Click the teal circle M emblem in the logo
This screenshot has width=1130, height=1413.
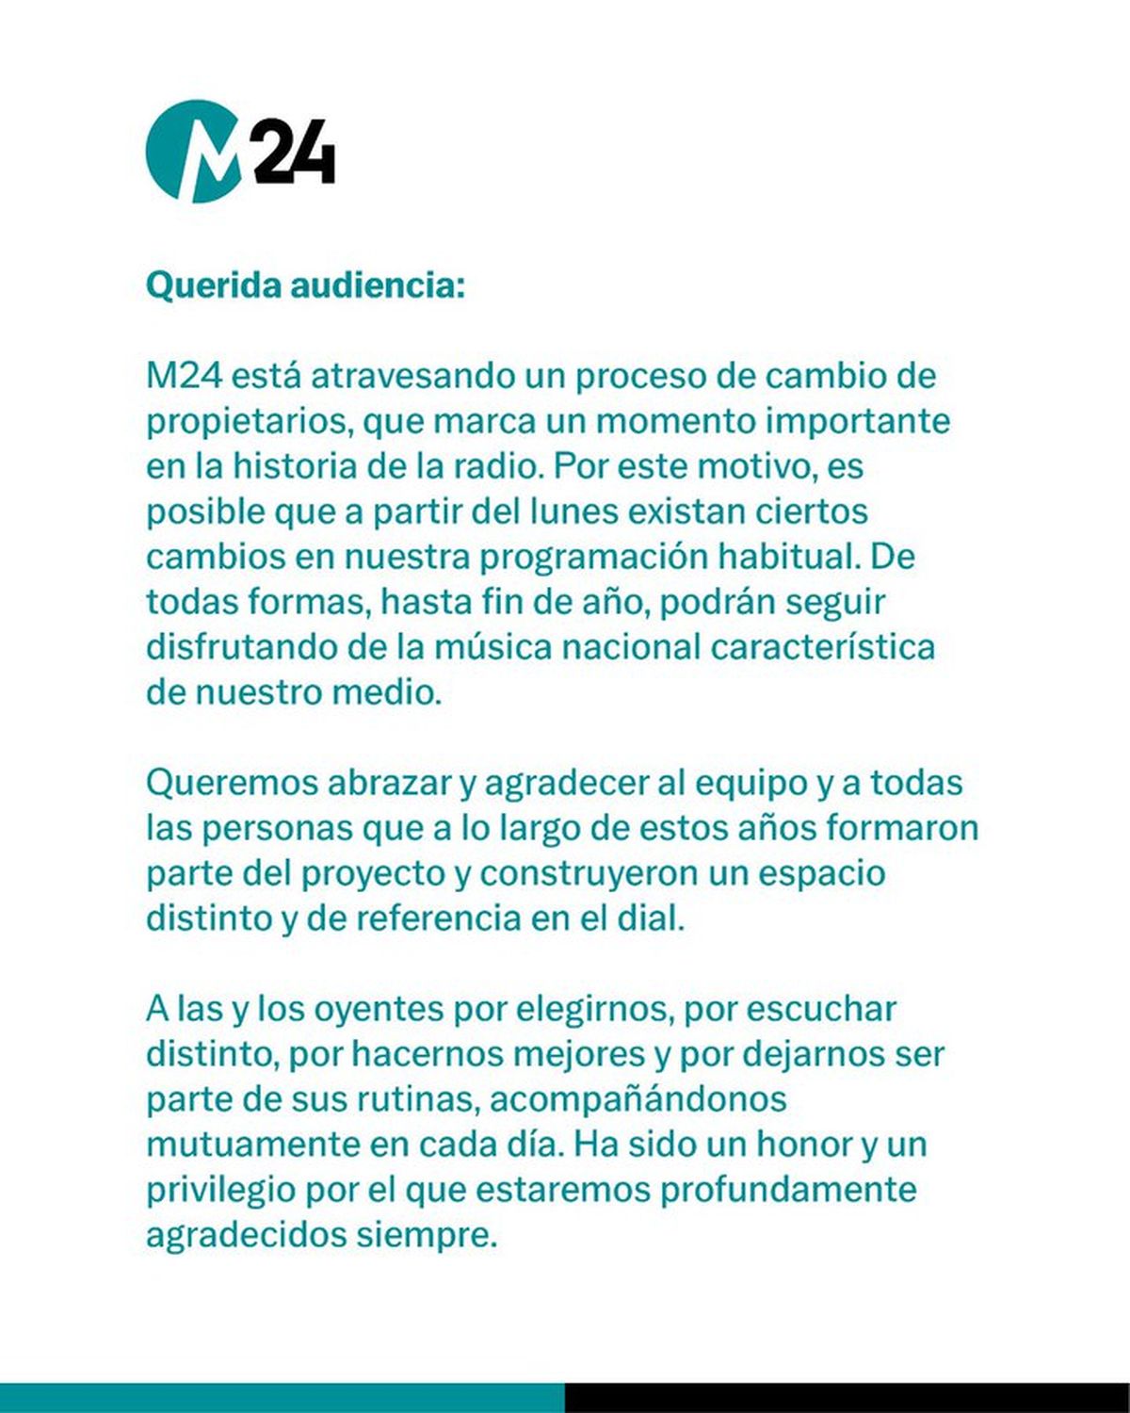(192, 152)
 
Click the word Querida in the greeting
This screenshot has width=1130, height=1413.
(213, 285)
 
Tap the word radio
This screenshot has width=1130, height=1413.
(505, 466)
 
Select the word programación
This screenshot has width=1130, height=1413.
(594, 557)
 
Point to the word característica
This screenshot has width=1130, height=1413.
(822, 647)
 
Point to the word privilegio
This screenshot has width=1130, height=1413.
(220, 1190)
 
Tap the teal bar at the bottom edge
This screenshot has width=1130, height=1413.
(282, 1398)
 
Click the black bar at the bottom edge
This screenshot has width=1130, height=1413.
(847, 1398)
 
